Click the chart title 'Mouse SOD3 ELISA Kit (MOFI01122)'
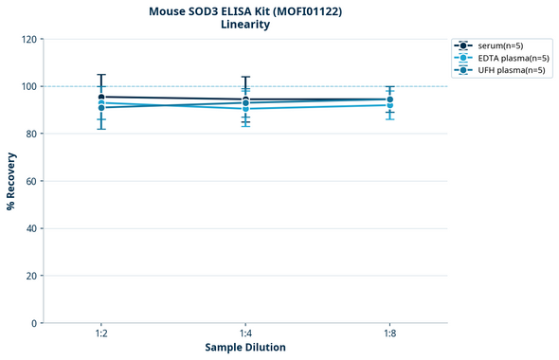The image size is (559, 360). click(x=245, y=10)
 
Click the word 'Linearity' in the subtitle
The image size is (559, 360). click(x=245, y=25)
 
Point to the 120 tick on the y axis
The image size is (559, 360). click(x=28, y=40)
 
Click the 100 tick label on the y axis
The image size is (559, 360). click(x=28, y=87)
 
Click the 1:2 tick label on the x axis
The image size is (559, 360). click(x=101, y=334)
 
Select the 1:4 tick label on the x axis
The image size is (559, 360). click(x=245, y=334)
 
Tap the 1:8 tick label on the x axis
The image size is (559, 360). click(x=389, y=334)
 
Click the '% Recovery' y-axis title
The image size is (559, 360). click(x=11, y=181)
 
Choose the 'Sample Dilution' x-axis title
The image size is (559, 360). click(x=245, y=348)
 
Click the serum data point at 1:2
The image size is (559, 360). click(x=101, y=97)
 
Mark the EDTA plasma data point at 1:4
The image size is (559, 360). click(x=245, y=109)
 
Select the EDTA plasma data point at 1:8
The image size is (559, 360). click(x=389, y=105)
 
